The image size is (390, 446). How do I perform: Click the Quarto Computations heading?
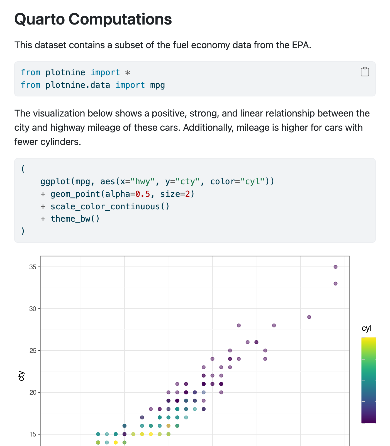click(93, 19)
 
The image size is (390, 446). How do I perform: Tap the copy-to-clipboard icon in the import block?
click(365, 72)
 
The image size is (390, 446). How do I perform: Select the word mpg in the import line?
click(157, 85)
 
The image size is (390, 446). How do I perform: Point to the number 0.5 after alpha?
click(143, 194)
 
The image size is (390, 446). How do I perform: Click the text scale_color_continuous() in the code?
click(110, 206)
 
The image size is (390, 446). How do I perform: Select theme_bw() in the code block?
click(75, 219)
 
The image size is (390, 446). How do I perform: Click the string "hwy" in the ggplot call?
click(145, 181)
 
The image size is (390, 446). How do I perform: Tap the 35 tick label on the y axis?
click(33, 267)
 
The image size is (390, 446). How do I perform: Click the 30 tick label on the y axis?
click(33, 309)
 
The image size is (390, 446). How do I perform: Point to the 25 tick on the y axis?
click(33, 350)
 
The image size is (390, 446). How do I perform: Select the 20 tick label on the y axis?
click(33, 392)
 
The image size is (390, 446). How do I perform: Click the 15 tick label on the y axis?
click(33, 434)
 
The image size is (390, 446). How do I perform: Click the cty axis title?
click(21, 376)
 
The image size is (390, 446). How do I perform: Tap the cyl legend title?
click(367, 328)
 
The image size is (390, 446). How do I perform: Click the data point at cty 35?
click(335, 267)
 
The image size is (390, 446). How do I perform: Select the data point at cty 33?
click(335, 283)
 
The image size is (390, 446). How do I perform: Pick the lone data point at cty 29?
click(309, 317)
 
